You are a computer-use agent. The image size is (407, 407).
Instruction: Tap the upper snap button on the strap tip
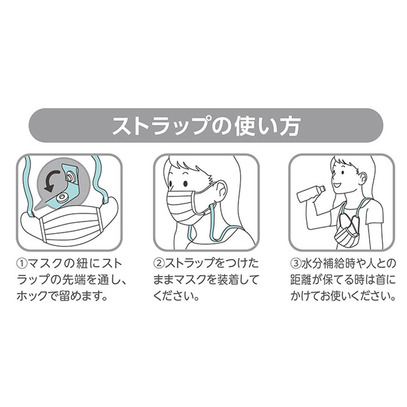click(70, 177)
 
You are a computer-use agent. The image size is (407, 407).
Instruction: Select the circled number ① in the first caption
click(22, 264)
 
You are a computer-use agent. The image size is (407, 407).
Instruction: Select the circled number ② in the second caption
click(159, 264)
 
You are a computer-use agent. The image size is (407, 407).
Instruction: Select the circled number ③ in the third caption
click(295, 264)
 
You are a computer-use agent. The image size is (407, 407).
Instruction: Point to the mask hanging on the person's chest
click(346, 233)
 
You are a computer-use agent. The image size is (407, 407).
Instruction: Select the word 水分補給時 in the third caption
click(327, 264)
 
